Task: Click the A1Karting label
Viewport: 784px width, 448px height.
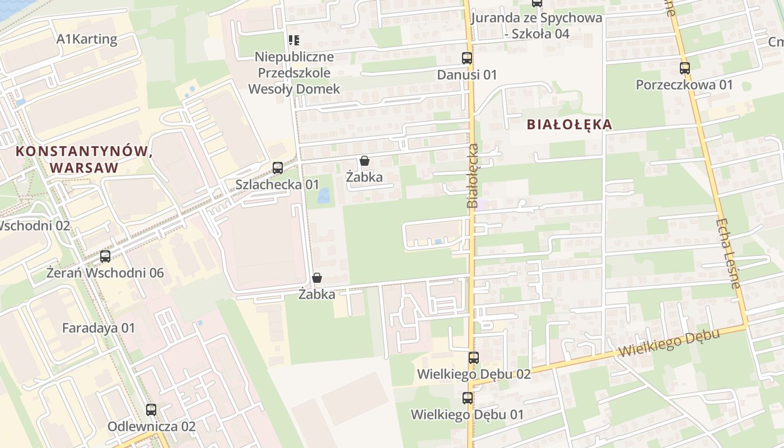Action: pyautogui.click(x=87, y=39)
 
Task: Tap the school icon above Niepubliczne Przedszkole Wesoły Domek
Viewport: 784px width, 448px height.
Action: pyautogui.click(x=294, y=40)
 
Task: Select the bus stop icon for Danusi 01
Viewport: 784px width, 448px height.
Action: pyautogui.click(x=466, y=58)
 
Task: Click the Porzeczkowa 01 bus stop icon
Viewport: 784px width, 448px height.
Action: pyautogui.click(x=684, y=68)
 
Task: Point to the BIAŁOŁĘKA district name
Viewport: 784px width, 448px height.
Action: pyautogui.click(x=570, y=125)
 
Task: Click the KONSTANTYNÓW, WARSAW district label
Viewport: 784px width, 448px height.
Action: pyautogui.click(x=84, y=160)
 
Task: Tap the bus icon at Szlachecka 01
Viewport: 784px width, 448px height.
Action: pyautogui.click(x=277, y=168)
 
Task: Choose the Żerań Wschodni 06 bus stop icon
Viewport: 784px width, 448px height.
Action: pyautogui.click(x=105, y=256)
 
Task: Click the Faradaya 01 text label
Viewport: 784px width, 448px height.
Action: pyautogui.click(x=99, y=328)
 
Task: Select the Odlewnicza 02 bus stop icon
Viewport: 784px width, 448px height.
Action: pyautogui.click(x=151, y=409)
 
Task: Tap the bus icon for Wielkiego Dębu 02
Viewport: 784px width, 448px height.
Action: pyautogui.click(x=474, y=357)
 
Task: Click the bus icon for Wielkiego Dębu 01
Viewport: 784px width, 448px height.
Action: pyautogui.click(x=467, y=398)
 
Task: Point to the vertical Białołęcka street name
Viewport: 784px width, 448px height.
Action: pyautogui.click(x=473, y=176)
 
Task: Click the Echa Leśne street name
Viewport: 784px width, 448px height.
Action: pyautogui.click(x=727, y=253)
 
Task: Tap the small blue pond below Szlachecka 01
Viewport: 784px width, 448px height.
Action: pyautogui.click(x=323, y=195)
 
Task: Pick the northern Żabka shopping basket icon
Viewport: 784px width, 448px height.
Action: pyautogui.click(x=365, y=161)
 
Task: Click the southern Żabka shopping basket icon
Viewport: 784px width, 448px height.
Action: pyautogui.click(x=317, y=277)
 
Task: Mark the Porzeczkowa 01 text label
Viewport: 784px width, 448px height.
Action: pyautogui.click(x=684, y=85)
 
